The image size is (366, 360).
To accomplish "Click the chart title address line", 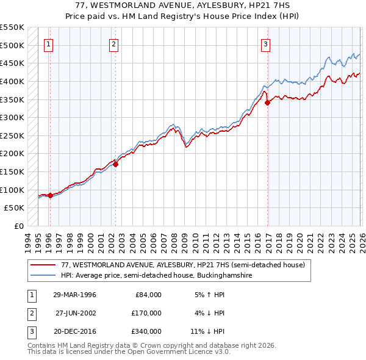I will [x=182, y=5].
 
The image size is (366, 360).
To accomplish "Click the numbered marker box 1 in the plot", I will [x=48, y=43].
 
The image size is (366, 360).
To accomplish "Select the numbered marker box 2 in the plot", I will [x=114, y=43].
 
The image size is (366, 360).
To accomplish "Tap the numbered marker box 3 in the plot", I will [x=266, y=43].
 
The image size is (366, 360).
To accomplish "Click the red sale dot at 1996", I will [x=50, y=195].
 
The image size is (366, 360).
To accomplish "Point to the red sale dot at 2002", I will [x=115, y=164].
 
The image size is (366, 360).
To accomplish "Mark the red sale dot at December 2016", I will [x=267, y=103].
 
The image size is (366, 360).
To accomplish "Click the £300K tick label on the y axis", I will [x=12, y=117].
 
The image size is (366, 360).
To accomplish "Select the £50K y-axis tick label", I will [x=15, y=208].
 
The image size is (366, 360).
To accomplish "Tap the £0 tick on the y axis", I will [x=18, y=226].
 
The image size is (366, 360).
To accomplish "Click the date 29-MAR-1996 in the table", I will [x=75, y=294].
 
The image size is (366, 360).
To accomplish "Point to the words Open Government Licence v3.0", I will [x=180, y=352].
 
